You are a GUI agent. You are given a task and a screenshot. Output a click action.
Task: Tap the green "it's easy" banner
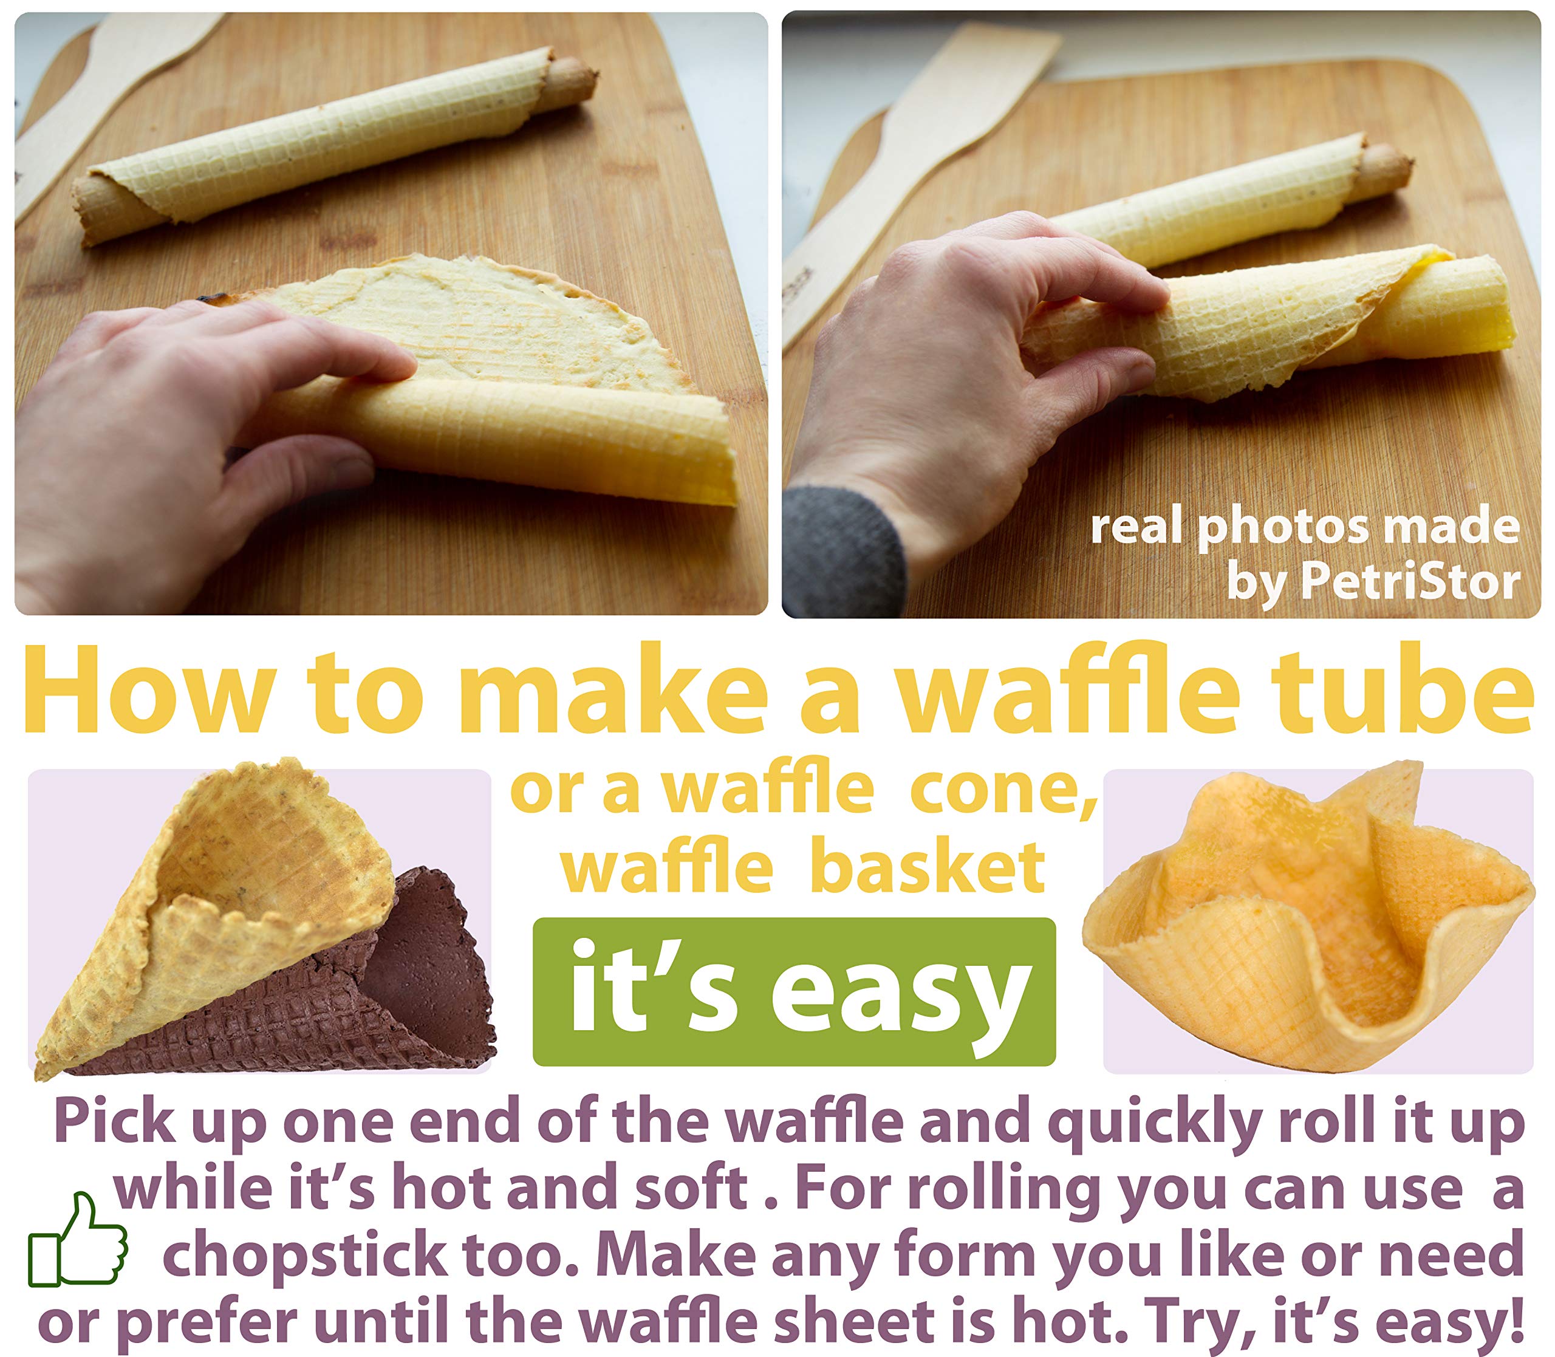(x=794, y=992)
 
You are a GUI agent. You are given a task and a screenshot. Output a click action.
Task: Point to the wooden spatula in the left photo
(x=98, y=98)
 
